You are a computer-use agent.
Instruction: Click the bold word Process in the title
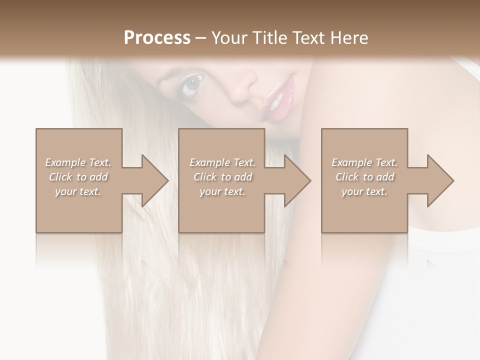point(157,38)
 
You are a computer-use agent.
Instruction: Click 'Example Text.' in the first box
point(78,162)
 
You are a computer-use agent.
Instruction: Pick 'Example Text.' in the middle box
point(222,162)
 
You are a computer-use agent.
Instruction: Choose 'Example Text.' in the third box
point(364,162)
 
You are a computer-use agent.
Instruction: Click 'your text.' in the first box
point(78,191)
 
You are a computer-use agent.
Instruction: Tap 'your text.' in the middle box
point(222,191)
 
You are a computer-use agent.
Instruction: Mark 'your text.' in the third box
point(364,191)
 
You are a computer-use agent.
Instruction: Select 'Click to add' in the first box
point(78,177)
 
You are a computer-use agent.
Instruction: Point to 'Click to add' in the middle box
point(222,177)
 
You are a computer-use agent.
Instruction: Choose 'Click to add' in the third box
point(364,177)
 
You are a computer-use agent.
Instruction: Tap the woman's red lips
point(279,97)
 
